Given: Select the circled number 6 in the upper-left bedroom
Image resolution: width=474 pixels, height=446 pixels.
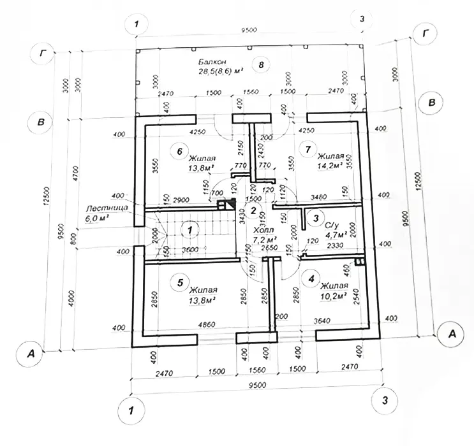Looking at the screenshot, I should click(x=181, y=150).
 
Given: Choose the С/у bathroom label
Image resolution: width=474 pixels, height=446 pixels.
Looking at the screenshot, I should click(x=331, y=225).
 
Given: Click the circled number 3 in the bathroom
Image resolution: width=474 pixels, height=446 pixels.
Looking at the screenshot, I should click(x=315, y=218).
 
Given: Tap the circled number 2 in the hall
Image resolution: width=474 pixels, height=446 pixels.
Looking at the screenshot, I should click(x=253, y=212).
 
